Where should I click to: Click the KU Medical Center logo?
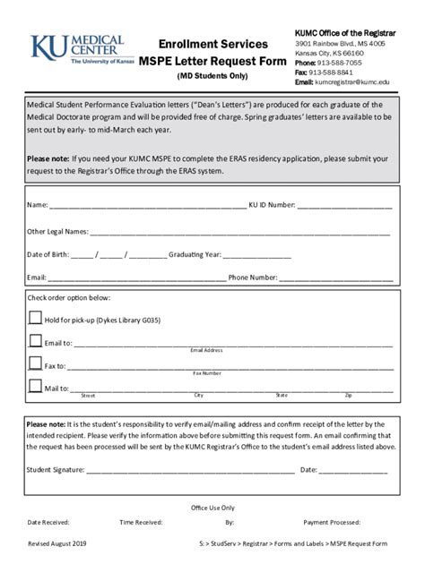[x=75, y=52]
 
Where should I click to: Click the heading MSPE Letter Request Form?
[x=213, y=61]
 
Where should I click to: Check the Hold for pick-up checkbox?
[x=35, y=317]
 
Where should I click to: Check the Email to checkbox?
[x=35, y=340]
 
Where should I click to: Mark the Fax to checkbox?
[x=35, y=363]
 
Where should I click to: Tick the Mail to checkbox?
[x=35, y=387]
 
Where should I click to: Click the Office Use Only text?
[x=212, y=507]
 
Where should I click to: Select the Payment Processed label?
[x=332, y=521]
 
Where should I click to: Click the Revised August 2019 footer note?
[x=58, y=543]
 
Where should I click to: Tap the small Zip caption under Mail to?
[x=348, y=395]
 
